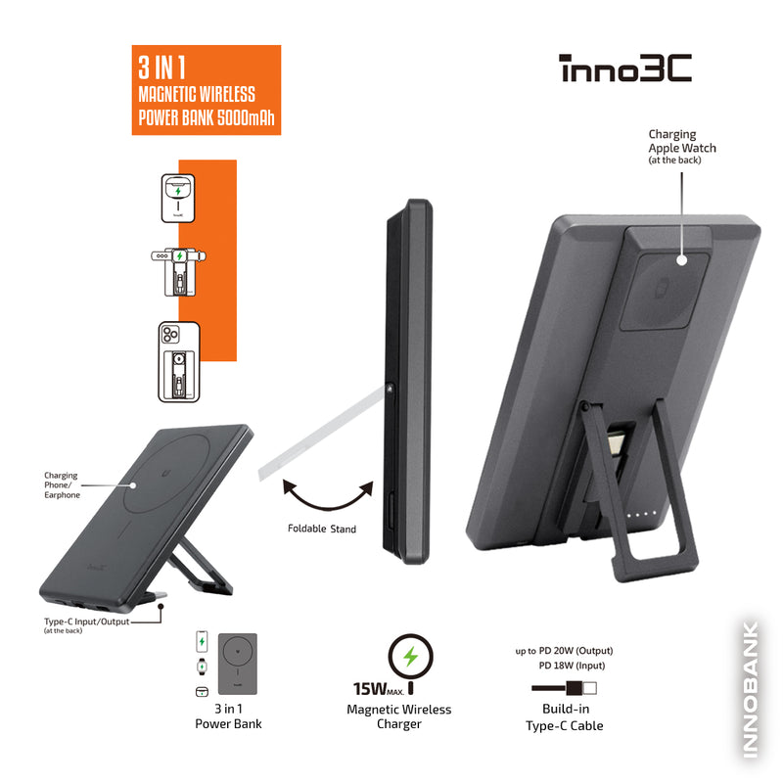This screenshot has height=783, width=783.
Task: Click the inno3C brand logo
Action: [x=625, y=68]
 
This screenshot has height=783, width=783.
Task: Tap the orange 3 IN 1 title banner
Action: [x=207, y=90]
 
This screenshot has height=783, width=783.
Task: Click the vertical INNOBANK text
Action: [x=751, y=690]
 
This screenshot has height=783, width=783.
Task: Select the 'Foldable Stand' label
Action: [x=322, y=529]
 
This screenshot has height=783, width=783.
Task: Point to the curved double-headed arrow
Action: [x=328, y=507]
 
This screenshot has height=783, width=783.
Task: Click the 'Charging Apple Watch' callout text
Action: [x=682, y=147]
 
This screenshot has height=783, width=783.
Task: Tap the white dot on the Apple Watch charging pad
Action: [x=682, y=260]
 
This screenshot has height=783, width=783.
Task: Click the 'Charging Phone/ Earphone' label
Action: [x=62, y=484]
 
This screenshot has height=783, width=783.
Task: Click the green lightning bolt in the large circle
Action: [x=410, y=656]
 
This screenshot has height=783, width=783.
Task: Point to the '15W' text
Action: [x=369, y=689]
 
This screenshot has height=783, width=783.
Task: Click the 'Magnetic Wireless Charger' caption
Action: [x=399, y=716]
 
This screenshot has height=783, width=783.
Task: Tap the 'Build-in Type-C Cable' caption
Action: [x=565, y=717]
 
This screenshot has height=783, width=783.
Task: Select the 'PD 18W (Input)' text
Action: [x=572, y=666]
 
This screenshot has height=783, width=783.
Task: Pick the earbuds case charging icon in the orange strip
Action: [x=178, y=199]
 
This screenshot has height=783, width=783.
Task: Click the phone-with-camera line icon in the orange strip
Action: [x=179, y=362]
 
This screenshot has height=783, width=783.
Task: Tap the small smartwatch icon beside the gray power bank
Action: [x=202, y=667]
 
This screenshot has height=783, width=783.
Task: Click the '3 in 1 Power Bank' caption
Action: [x=228, y=716]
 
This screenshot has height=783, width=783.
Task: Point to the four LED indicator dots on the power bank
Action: [x=642, y=514]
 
